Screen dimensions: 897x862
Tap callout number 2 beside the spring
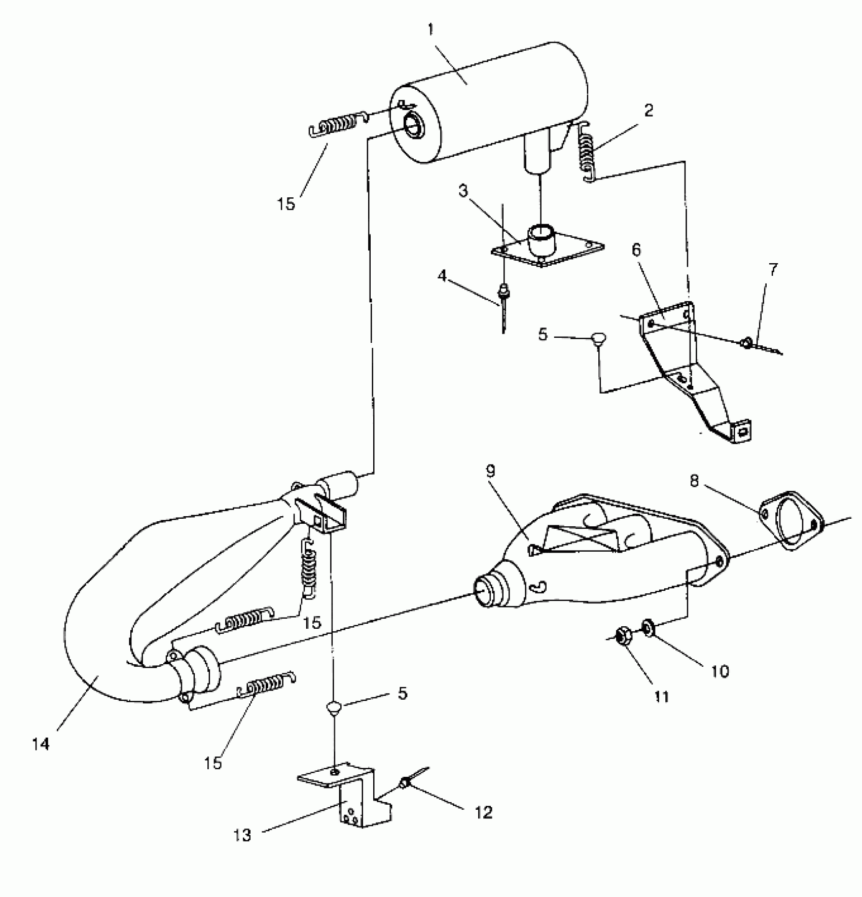649,111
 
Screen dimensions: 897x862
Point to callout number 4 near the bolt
442,276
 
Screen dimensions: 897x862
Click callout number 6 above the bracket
636,249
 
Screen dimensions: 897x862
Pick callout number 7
772,270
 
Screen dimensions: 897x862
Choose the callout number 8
694,481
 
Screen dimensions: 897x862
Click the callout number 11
661,697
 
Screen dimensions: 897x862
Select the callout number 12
484,812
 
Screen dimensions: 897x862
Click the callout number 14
41,744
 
